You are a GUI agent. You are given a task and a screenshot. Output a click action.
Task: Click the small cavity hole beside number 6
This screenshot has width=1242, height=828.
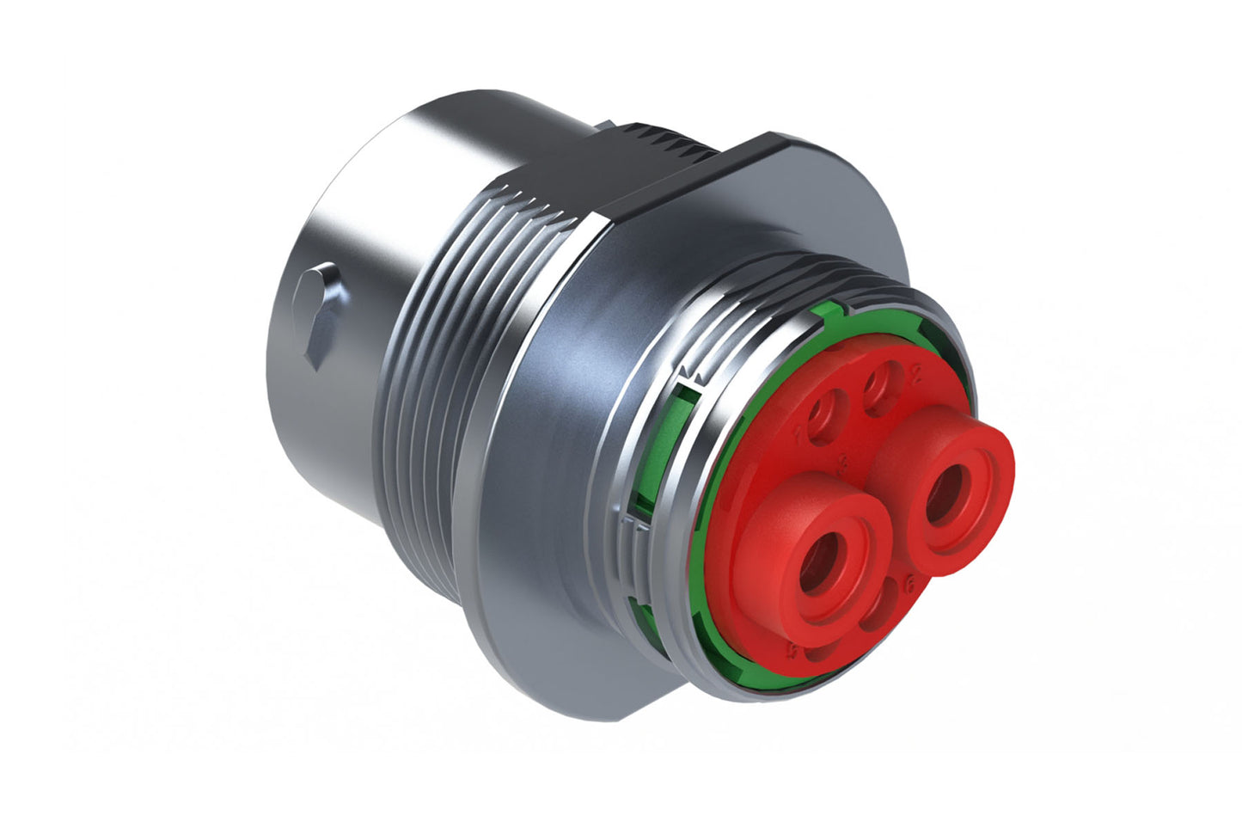coord(878,612)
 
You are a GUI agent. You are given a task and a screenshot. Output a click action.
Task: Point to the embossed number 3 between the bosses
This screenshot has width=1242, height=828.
coord(846,465)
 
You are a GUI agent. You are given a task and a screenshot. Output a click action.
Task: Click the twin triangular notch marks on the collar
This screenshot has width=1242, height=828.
coord(690,374)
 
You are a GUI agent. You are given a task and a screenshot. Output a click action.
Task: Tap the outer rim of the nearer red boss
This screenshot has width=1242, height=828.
coord(774,516)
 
